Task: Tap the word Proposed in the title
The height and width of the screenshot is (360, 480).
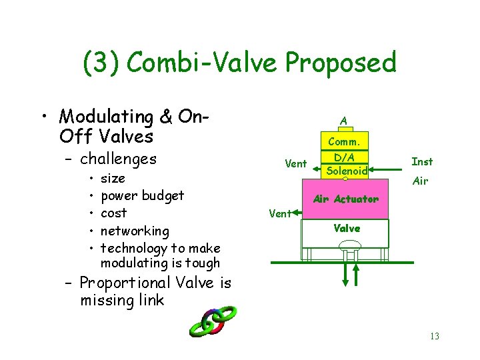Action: click(x=341, y=64)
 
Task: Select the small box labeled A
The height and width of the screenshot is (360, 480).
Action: click(x=343, y=121)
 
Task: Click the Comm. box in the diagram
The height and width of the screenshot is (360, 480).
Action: click(x=343, y=141)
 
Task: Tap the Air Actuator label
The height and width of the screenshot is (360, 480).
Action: click(x=345, y=199)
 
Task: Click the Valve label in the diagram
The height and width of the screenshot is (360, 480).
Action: click(x=347, y=228)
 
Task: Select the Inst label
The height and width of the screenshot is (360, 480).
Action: click(x=422, y=161)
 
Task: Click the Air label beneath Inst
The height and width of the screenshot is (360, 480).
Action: click(x=420, y=181)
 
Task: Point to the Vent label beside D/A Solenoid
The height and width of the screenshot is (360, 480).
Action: click(x=296, y=164)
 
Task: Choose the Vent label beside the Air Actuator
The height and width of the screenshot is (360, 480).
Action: click(x=280, y=213)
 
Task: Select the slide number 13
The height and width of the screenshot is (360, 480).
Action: click(x=434, y=336)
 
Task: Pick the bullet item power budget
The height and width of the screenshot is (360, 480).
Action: click(x=142, y=196)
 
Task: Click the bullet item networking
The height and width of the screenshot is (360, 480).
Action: click(x=135, y=231)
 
